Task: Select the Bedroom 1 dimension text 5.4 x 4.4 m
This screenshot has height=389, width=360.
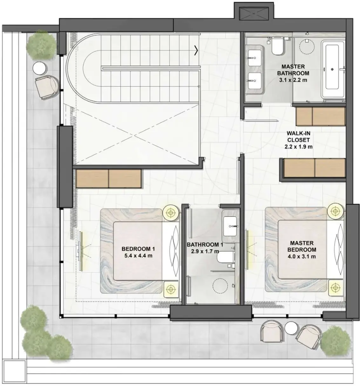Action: pyautogui.click(x=138, y=256)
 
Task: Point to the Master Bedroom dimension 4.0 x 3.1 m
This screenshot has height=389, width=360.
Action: pyautogui.click(x=302, y=256)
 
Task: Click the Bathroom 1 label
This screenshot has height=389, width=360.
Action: pyautogui.click(x=205, y=245)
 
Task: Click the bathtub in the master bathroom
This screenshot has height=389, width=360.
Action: pyautogui.click(x=333, y=69)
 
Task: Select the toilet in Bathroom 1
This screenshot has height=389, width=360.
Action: pyautogui.click(x=226, y=257)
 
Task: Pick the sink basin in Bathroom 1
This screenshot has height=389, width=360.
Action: pyautogui.click(x=230, y=226)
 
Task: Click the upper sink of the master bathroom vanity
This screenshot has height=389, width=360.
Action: pyautogui.click(x=255, y=58)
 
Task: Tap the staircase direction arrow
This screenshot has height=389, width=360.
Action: pyautogui.click(x=196, y=50)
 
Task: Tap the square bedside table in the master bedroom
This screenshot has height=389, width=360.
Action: pyautogui.click(x=336, y=287)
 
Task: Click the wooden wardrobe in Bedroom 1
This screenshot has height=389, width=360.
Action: pyautogui.click(x=109, y=178)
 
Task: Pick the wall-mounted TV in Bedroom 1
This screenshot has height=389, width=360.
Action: pyautogui.click(x=80, y=251)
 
